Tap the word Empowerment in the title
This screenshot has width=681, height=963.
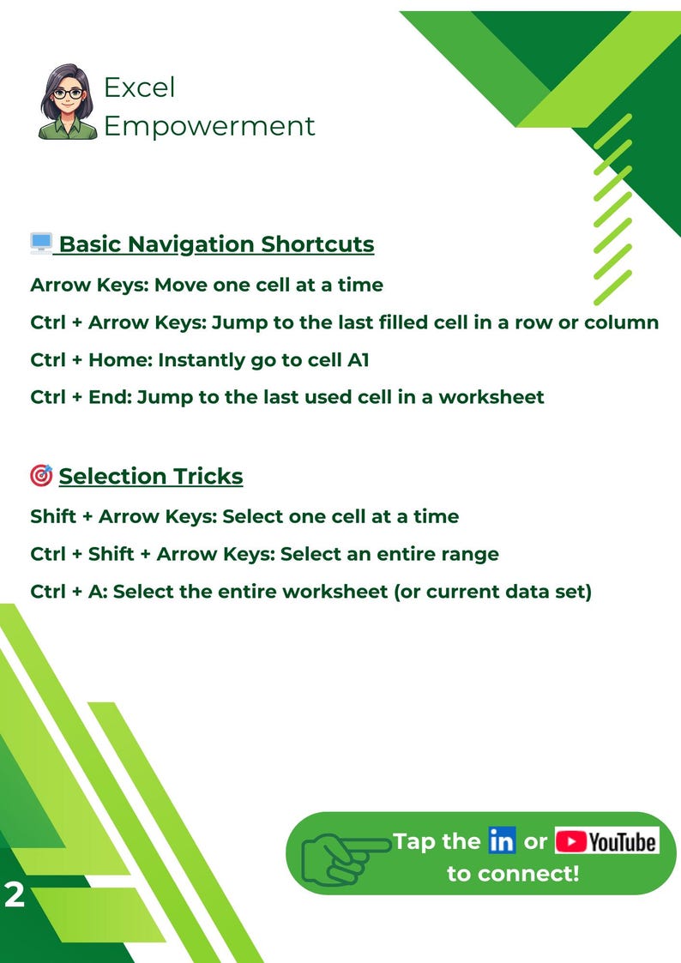click(x=209, y=126)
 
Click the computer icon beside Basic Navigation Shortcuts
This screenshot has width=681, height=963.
click(x=41, y=244)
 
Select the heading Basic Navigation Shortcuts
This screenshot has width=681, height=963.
click(x=216, y=244)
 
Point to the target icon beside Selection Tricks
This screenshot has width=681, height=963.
click(x=40, y=475)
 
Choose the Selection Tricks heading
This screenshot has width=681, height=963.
click(x=150, y=476)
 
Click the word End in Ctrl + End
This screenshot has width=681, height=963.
click(x=109, y=397)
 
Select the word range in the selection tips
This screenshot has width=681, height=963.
click(x=471, y=554)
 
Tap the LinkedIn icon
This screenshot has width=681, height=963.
click(x=501, y=841)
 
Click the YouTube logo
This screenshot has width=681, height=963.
click(x=606, y=841)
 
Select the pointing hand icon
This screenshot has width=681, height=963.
click(x=342, y=854)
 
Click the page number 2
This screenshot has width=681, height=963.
click(x=15, y=896)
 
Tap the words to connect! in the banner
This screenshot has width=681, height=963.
click(x=513, y=874)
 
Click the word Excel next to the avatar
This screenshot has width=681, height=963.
click(x=139, y=87)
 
